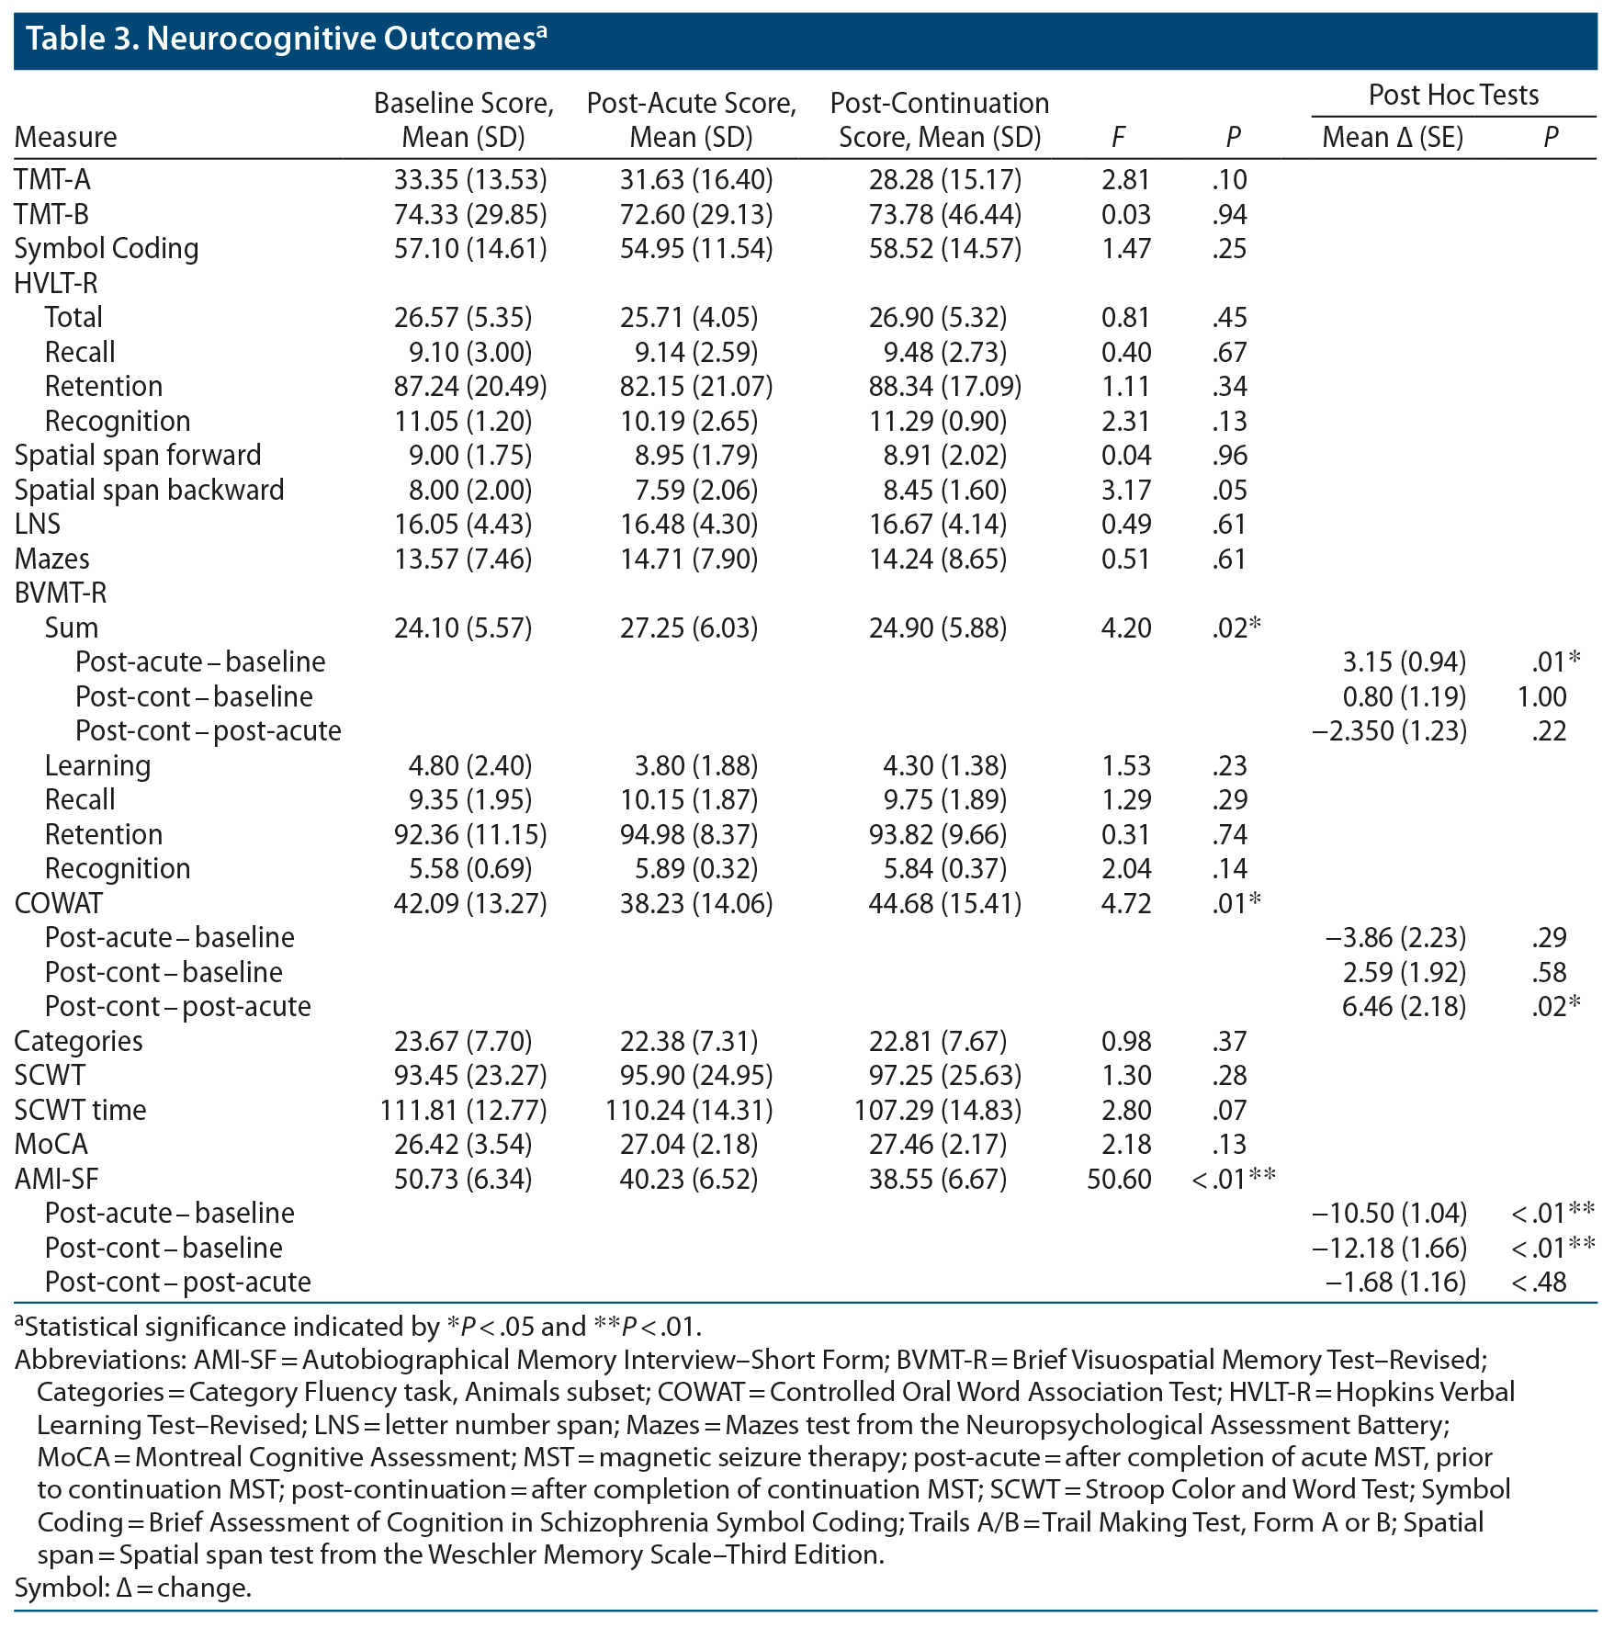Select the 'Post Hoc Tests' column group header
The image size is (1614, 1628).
pyautogui.click(x=1453, y=96)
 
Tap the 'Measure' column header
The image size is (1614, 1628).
pyautogui.click(x=66, y=138)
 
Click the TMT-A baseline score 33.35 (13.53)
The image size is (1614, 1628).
pyautogui.click(x=470, y=180)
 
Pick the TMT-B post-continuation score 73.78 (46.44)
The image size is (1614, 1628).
pyautogui.click(x=945, y=215)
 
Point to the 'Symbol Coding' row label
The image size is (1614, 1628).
pyautogui.click(x=107, y=249)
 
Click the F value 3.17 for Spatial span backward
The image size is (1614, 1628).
pyautogui.click(x=1125, y=491)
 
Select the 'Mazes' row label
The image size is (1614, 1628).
pyautogui.click(x=52, y=560)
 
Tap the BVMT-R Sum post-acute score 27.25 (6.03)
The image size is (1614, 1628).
pyautogui.click(x=689, y=628)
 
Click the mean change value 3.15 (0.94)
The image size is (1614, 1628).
pyautogui.click(x=1404, y=662)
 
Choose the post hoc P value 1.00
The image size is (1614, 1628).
pyautogui.click(x=1542, y=697)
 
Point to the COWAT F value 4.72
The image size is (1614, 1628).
pyautogui.click(x=1125, y=904)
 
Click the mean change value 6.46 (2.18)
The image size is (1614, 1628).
pyautogui.click(x=1404, y=1007)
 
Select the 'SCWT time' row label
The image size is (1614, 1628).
pyautogui.click(x=81, y=1111)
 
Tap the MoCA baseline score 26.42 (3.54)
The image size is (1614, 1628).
pyautogui.click(x=463, y=1145)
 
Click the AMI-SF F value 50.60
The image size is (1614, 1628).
pyautogui.click(x=1119, y=1180)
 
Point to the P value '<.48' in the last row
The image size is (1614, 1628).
pyautogui.click(x=1539, y=1283)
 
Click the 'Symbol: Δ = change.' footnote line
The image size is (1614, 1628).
pyautogui.click(x=133, y=1588)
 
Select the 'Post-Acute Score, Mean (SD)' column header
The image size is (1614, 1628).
pyautogui.click(x=691, y=120)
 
